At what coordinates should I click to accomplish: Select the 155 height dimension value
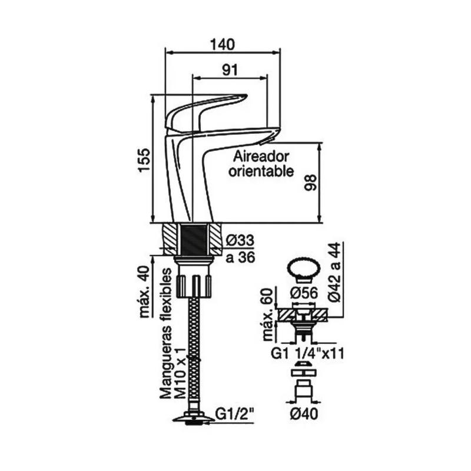pyautogui.click(x=144, y=161)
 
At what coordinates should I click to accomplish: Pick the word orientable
pyautogui.click(x=261, y=171)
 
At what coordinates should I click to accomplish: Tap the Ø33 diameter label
pyautogui.click(x=241, y=240)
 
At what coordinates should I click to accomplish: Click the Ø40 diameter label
pyautogui.click(x=304, y=414)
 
